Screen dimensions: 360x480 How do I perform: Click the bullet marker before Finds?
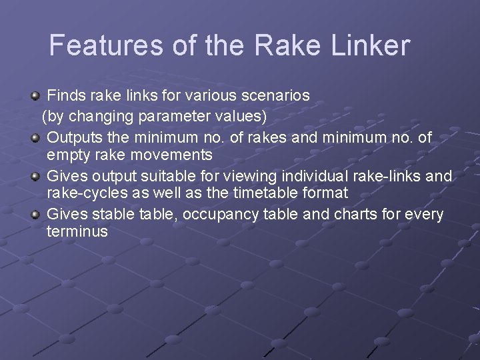point(37,95)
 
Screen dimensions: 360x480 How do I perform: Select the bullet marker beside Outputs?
point(37,137)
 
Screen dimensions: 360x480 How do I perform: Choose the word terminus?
point(77,232)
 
